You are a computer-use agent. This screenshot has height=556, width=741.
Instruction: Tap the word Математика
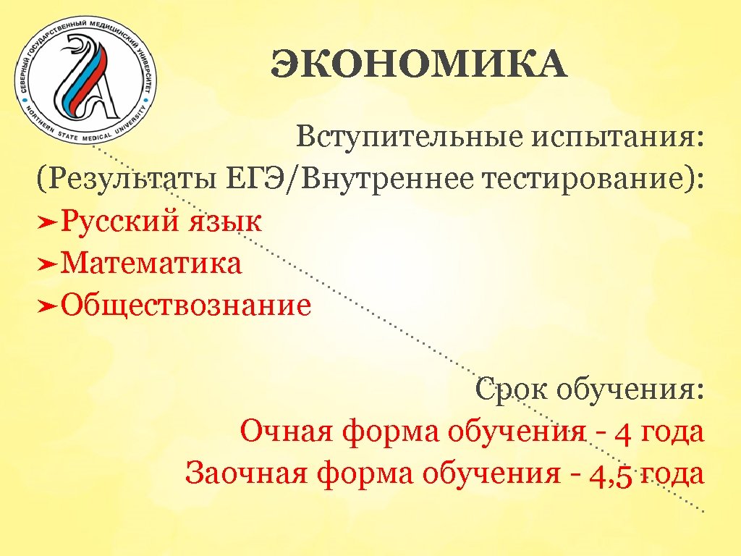[x=151, y=263]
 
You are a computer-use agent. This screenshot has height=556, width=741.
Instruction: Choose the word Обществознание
[x=186, y=305]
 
